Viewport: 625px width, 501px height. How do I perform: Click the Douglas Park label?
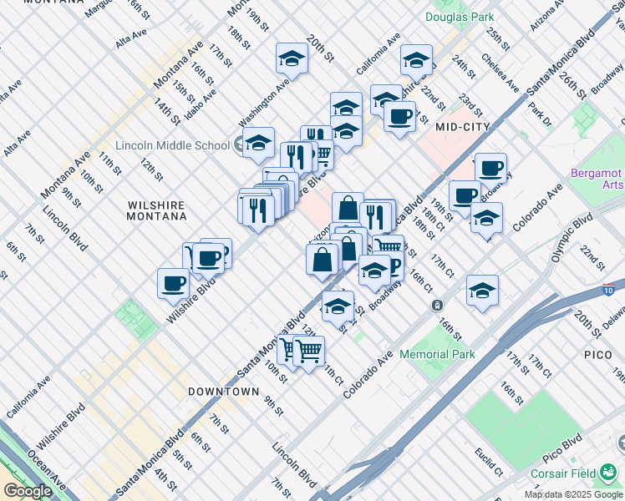[459, 17]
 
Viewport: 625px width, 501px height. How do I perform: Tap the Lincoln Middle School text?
[173, 145]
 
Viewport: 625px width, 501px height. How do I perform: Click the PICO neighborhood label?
[598, 356]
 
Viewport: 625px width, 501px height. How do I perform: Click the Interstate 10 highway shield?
[607, 290]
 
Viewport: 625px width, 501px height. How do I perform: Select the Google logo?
[28, 491]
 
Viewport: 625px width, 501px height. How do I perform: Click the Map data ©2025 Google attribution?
[573, 494]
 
